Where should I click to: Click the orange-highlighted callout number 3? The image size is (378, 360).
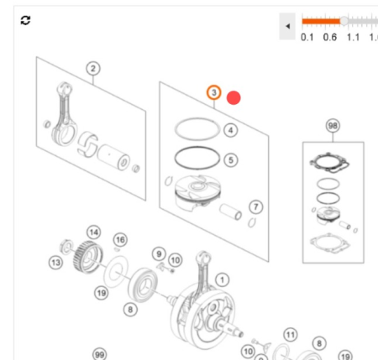[x=214, y=92]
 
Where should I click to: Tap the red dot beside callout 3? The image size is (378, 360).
[x=234, y=97]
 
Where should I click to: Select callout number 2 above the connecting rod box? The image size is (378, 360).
[x=92, y=69]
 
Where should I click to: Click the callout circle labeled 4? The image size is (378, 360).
[x=231, y=130]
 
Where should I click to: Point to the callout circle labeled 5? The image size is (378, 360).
[x=231, y=159]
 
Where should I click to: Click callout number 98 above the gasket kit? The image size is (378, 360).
[x=333, y=126]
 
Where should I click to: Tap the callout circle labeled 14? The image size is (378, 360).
[x=94, y=232]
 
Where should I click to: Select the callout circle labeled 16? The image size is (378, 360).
[x=120, y=240]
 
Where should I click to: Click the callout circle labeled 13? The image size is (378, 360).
[x=55, y=263]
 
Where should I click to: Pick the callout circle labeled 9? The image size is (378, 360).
[x=158, y=253]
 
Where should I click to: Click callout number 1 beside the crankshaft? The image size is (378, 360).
[x=222, y=279]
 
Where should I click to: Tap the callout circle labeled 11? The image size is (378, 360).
[x=290, y=335]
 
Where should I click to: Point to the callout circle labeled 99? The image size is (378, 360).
[x=99, y=354]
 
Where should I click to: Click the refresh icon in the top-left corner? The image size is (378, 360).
[x=25, y=19]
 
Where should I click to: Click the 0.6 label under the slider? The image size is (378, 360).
[x=329, y=37]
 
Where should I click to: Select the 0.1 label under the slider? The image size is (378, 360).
[x=307, y=37]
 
